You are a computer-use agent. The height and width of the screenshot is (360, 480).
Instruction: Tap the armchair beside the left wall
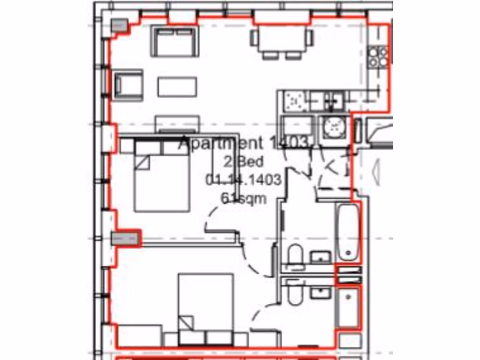(127, 85)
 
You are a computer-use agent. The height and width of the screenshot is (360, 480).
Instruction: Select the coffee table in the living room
(177, 87)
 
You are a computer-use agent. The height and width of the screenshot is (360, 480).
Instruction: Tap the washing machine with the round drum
(334, 127)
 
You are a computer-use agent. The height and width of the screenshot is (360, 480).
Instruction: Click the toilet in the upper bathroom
(295, 257)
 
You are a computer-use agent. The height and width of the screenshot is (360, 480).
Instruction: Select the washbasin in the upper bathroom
(321, 257)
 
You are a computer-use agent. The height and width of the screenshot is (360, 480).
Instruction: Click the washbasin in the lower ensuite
(321, 293)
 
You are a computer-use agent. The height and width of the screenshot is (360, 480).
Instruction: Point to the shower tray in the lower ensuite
(348, 307)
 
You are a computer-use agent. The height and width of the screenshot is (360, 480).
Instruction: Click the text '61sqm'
(243, 198)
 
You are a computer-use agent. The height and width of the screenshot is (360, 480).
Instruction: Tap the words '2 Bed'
(243, 162)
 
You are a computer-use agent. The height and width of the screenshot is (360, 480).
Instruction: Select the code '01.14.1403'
(243, 180)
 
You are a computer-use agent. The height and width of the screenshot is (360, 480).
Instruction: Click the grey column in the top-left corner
(120, 26)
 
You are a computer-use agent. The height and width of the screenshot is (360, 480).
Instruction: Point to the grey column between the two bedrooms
(126, 238)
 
